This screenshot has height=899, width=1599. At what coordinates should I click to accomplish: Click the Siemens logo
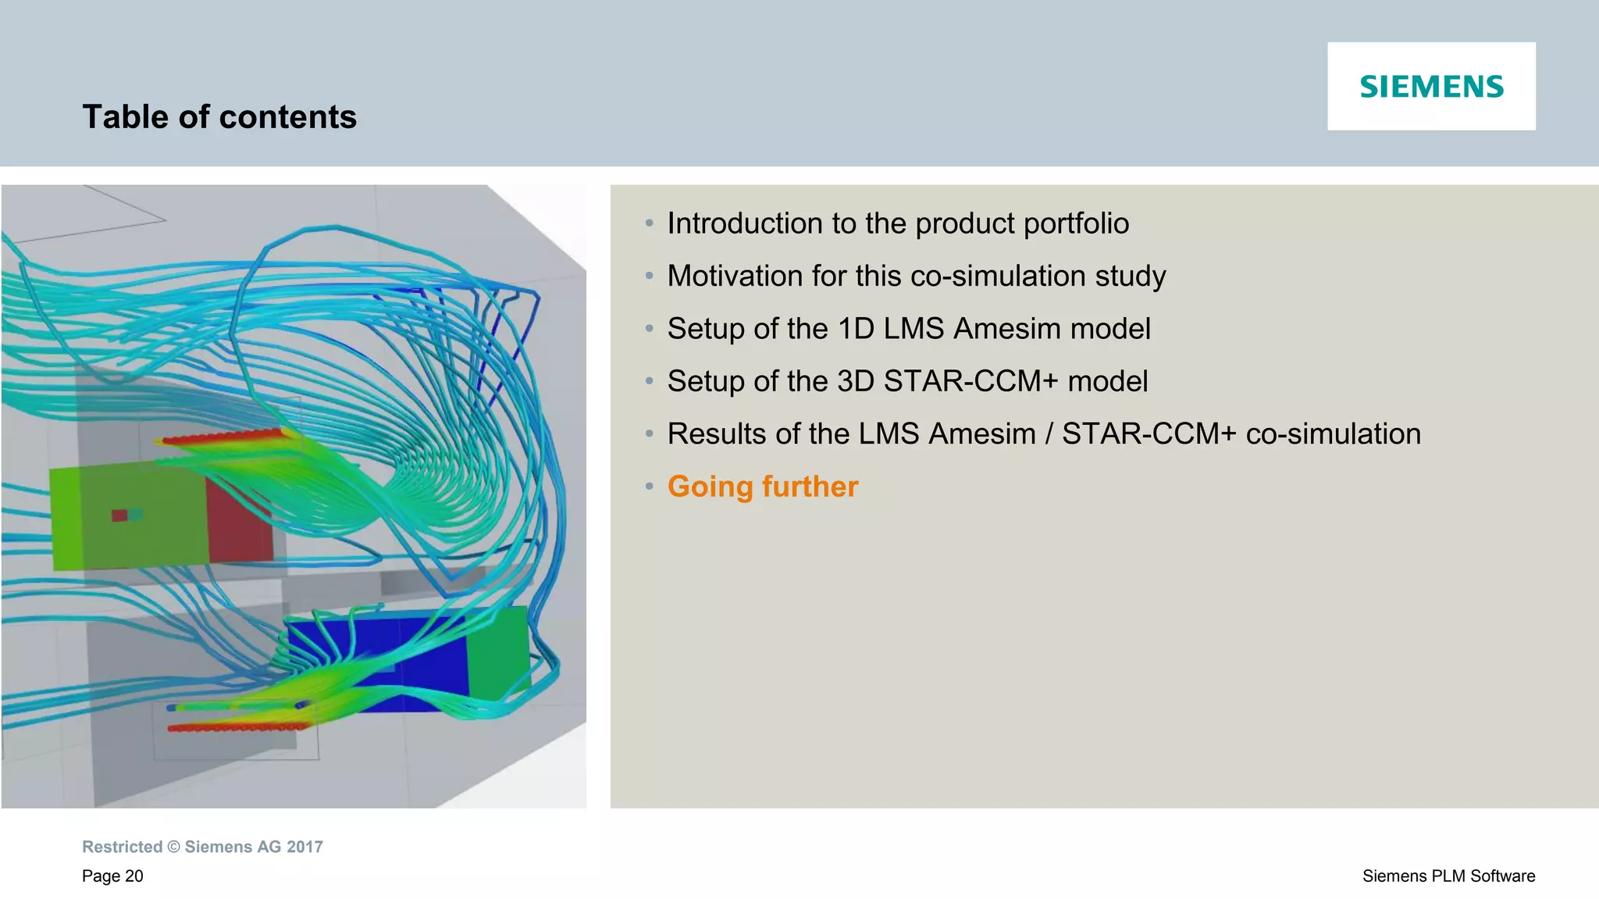point(1431,86)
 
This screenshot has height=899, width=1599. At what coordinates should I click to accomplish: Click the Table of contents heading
point(219,117)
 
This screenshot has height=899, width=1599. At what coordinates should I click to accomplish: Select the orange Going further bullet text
point(762,487)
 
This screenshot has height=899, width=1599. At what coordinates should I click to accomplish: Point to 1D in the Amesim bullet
point(856,329)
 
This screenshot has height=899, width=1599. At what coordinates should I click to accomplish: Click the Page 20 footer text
point(112,876)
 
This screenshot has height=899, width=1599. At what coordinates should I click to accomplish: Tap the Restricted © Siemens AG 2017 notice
point(202,847)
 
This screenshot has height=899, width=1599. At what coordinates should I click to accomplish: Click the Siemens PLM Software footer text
point(1448,876)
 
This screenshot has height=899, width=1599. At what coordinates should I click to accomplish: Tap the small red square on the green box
point(119,515)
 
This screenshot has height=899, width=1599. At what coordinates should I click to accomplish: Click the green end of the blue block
point(498,652)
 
